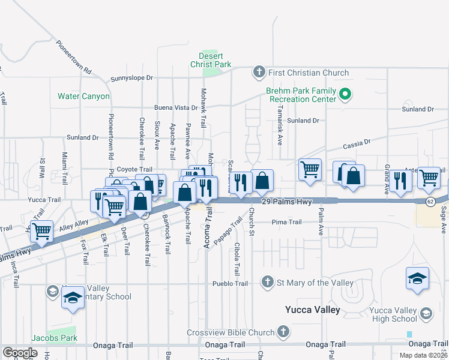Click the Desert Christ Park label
(211, 59)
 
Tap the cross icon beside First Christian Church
(259, 73)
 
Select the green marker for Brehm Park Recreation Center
(345, 94)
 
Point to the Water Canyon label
(83, 96)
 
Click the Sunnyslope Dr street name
(132, 78)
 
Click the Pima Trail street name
(286, 222)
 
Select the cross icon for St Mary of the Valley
(267, 282)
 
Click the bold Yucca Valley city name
(312, 310)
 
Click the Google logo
(20, 353)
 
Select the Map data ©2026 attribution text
(424, 355)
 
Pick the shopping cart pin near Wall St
(41, 230)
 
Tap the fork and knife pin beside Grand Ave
(400, 180)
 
